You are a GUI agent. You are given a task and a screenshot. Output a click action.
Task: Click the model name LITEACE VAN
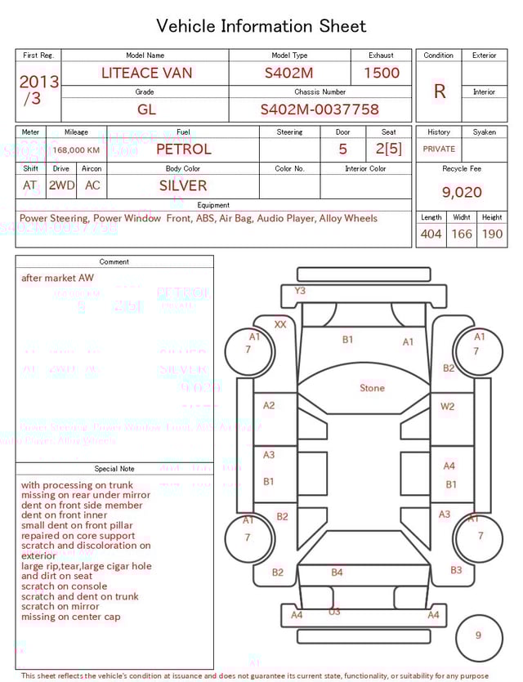pyautogui.click(x=147, y=73)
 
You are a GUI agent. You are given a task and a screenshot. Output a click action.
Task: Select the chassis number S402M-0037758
pyautogui.click(x=320, y=109)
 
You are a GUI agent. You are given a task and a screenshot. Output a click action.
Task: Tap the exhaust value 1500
pyautogui.click(x=382, y=73)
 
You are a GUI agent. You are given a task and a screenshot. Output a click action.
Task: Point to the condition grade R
pyautogui.click(x=440, y=91)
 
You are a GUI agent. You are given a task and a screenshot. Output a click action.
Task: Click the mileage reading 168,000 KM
pyautogui.click(x=77, y=150)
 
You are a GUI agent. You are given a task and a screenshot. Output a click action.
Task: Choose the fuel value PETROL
pyautogui.click(x=183, y=149)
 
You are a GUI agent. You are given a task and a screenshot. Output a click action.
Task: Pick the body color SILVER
pyautogui.click(x=183, y=185)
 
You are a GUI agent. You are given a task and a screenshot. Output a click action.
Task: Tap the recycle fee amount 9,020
pyautogui.click(x=462, y=193)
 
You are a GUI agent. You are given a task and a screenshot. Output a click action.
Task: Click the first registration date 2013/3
pyautogui.click(x=38, y=90)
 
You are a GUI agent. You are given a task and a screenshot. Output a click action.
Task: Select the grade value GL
pyautogui.click(x=146, y=109)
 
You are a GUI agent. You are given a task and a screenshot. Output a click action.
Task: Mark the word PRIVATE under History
pyautogui.click(x=439, y=149)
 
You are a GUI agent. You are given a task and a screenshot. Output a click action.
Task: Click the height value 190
pyautogui.click(x=492, y=234)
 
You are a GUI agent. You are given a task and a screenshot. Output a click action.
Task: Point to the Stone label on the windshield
pyautogui.click(x=372, y=388)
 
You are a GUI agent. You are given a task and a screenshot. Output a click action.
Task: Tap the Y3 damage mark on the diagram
pyautogui.click(x=300, y=291)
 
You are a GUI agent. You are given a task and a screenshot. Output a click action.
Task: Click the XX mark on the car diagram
pyautogui.click(x=280, y=324)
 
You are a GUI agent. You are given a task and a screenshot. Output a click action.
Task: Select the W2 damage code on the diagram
pyautogui.click(x=448, y=406)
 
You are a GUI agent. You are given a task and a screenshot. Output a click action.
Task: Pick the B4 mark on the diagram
pyautogui.click(x=337, y=573)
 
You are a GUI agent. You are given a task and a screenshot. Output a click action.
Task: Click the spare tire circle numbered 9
pyautogui.click(x=478, y=635)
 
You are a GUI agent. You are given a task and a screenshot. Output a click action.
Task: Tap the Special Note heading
pyautogui.click(x=114, y=469)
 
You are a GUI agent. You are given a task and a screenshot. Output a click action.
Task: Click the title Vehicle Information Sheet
pyautogui.click(x=261, y=26)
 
